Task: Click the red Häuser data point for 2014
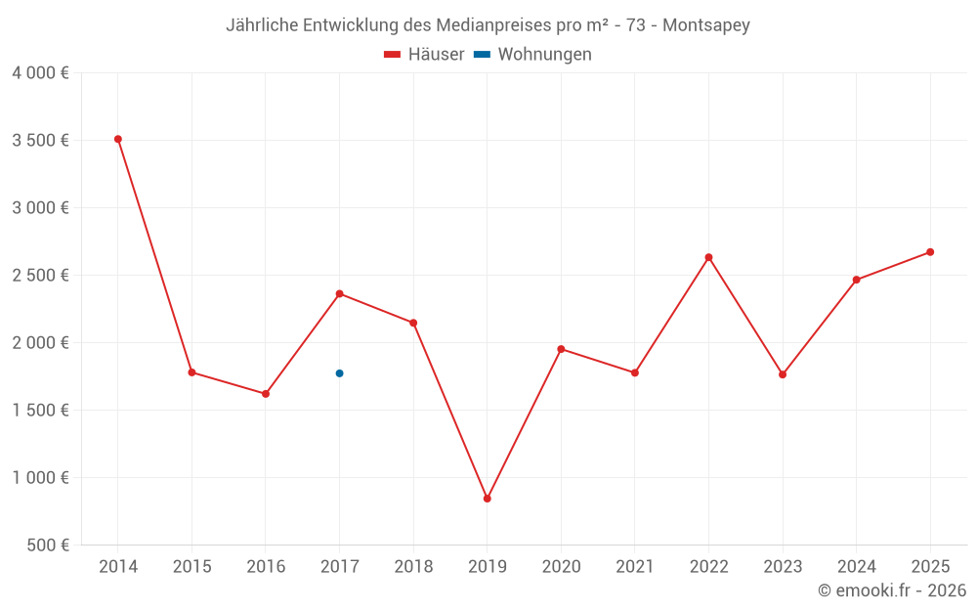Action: pyautogui.click(x=117, y=139)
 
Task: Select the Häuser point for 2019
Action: pyautogui.click(x=488, y=499)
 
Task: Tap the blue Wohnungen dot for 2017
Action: pyautogui.click(x=339, y=373)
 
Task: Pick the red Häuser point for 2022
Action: pyautogui.click(x=708, y=257)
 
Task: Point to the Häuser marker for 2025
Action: pyautogui.click(x=930, y=252)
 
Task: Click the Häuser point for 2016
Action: pyautogui.click(x=266, y=394)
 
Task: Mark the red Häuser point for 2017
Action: pyautogui.click(x=339, y=293)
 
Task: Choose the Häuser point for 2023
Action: pyautogui.click(x=783, y=374)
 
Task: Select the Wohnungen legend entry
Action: pyautogui.click(x=533, y=55)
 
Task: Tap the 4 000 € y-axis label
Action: pyautogui.click(x=40, y=73)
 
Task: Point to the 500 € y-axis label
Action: pyautogui.click(x=48, y=546)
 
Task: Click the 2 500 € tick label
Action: pyautogui.click(x=40, y=276)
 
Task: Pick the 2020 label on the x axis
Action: pyautogui.click(x=561, y=567)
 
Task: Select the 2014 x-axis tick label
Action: pyautogui.click(x=117, y=567)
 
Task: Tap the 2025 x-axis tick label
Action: pyautogui.click(x=930, y=567)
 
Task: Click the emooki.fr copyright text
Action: pyautogui.click(x=892, y=590)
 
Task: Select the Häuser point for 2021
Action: pyautogui.click(x=635, y=372)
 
